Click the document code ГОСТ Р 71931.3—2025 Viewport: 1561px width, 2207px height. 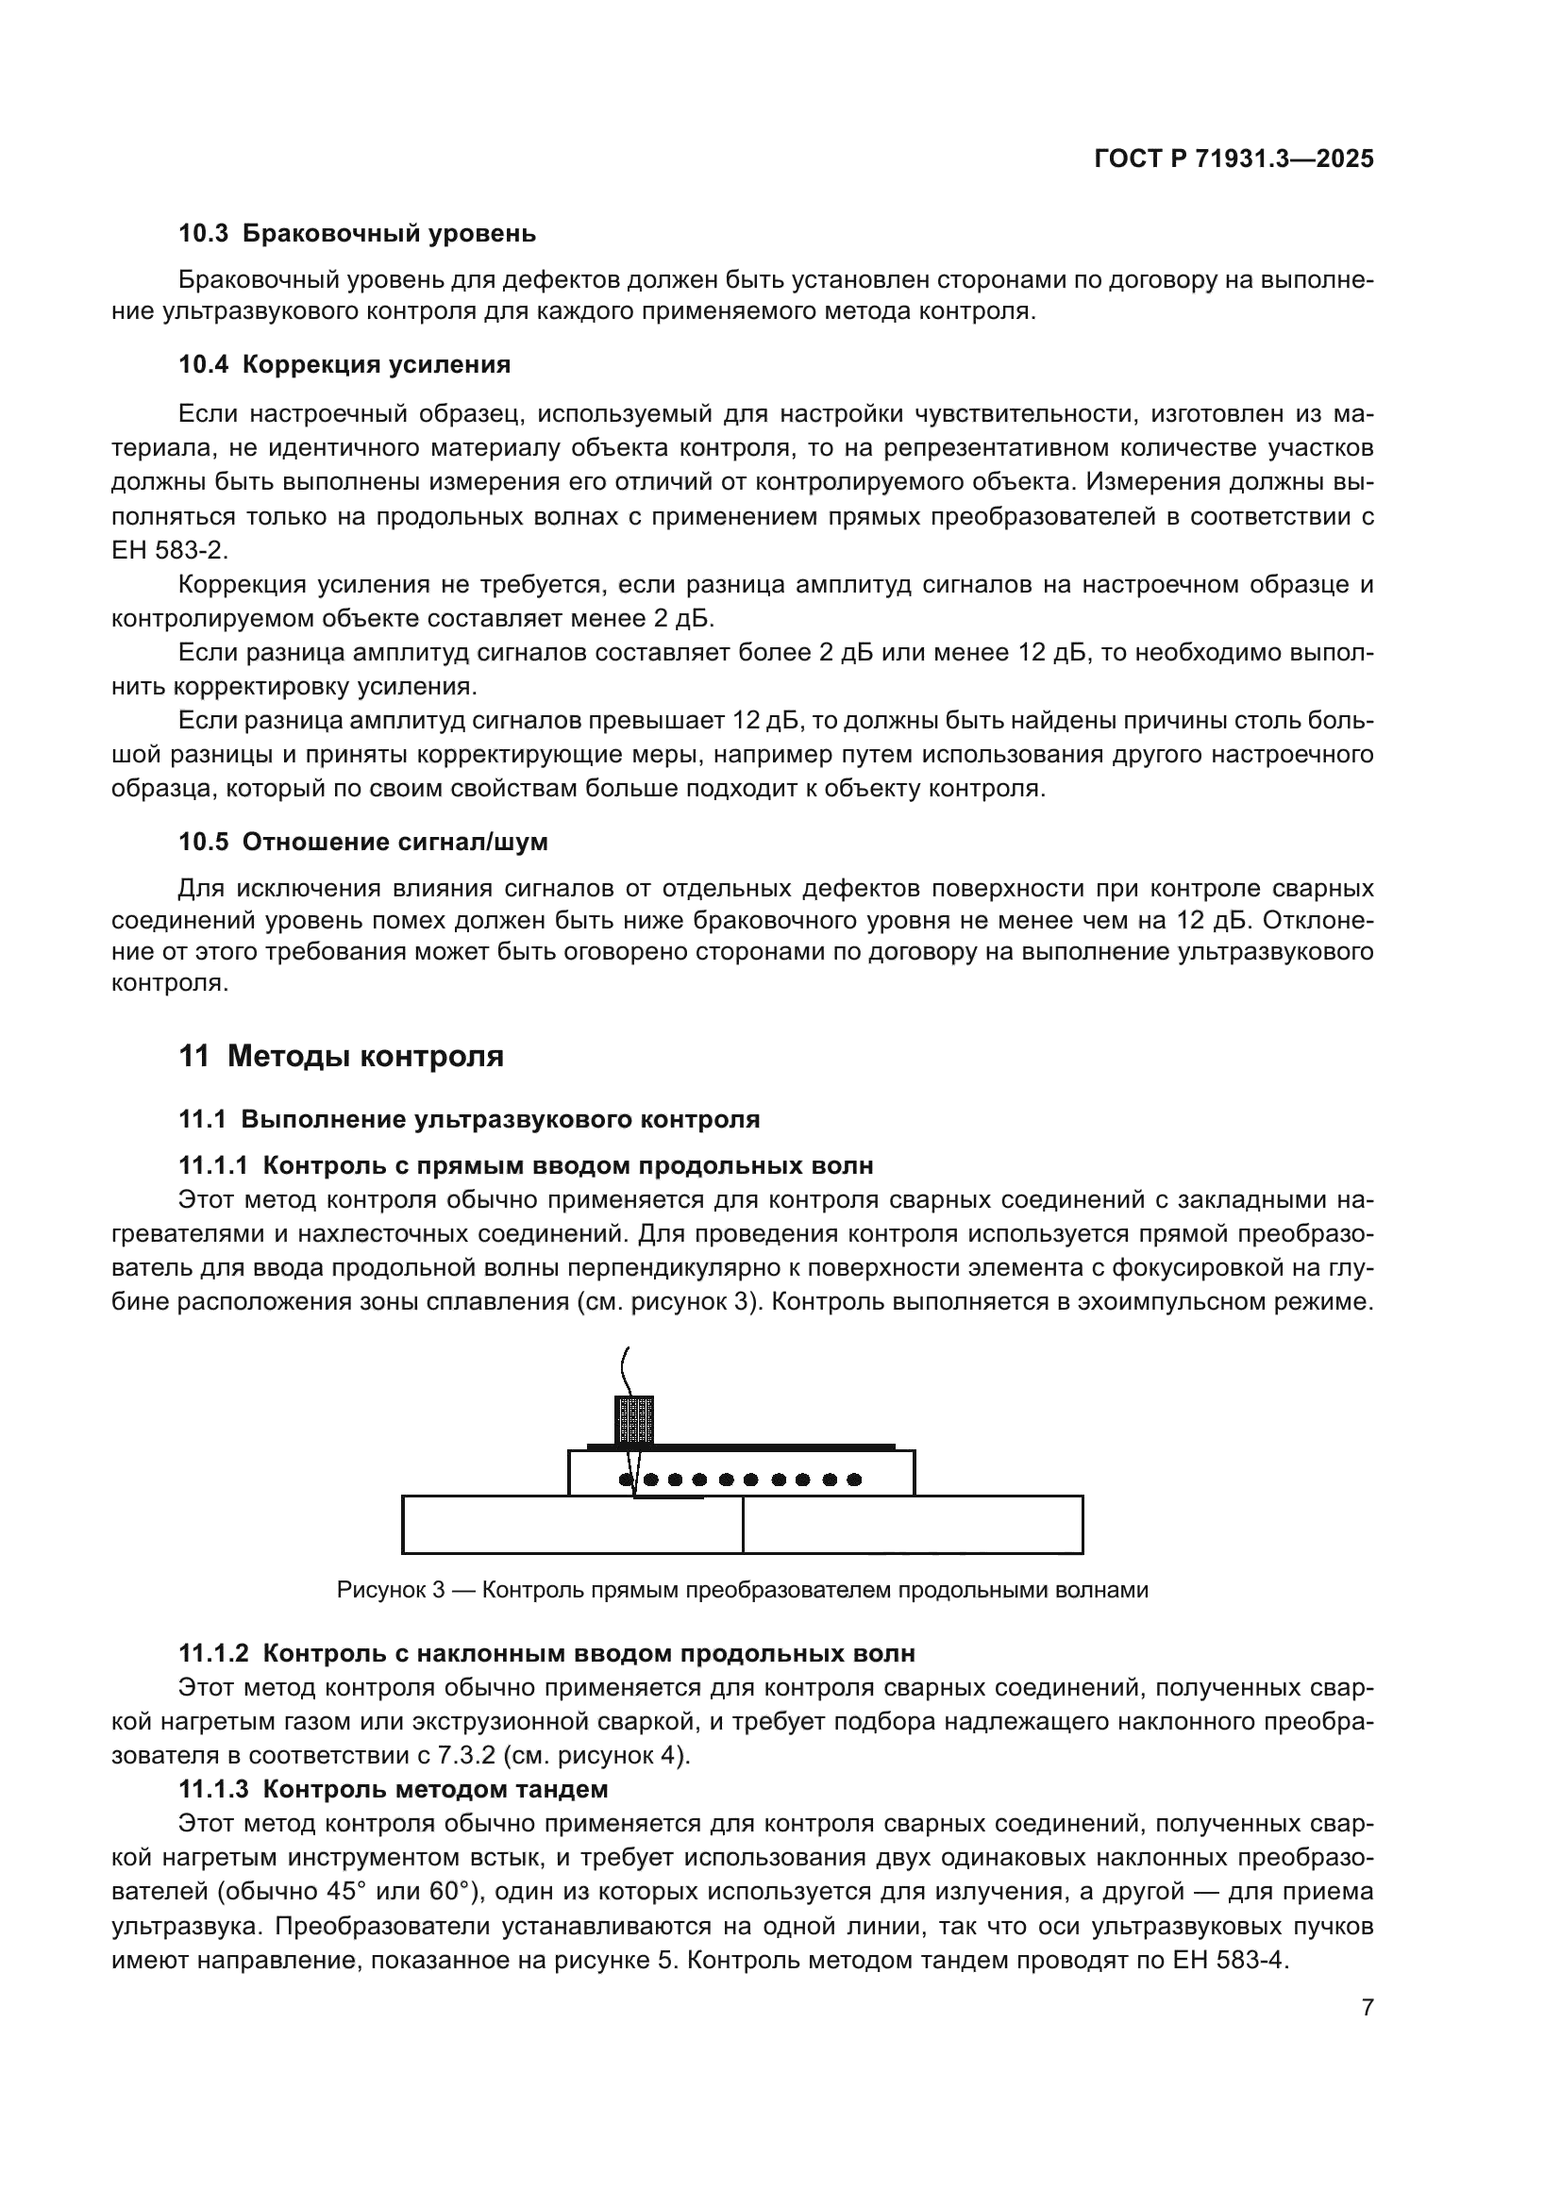click(x=1234, y=159)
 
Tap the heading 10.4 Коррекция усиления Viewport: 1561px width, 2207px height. click(x=344, y=364)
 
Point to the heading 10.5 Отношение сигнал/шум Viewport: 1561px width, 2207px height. click(x=362, y=842)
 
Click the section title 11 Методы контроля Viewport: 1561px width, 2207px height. click(x=341, y=1057)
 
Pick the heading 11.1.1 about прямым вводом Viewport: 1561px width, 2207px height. click(x=526, y=1166)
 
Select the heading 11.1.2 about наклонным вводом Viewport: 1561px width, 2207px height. click(x=546, y=1653)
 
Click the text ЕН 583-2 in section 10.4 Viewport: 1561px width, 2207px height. click(x=169, y=551)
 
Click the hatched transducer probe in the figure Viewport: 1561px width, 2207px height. click(x=633, y=1420)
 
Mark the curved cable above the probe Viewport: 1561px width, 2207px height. click(x=626, y=1369)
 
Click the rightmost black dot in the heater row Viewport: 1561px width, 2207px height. click(x=853, y=1480)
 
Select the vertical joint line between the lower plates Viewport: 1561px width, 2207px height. click(x=743, y=1525)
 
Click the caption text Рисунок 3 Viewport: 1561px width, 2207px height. click(x=391, y=1590)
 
